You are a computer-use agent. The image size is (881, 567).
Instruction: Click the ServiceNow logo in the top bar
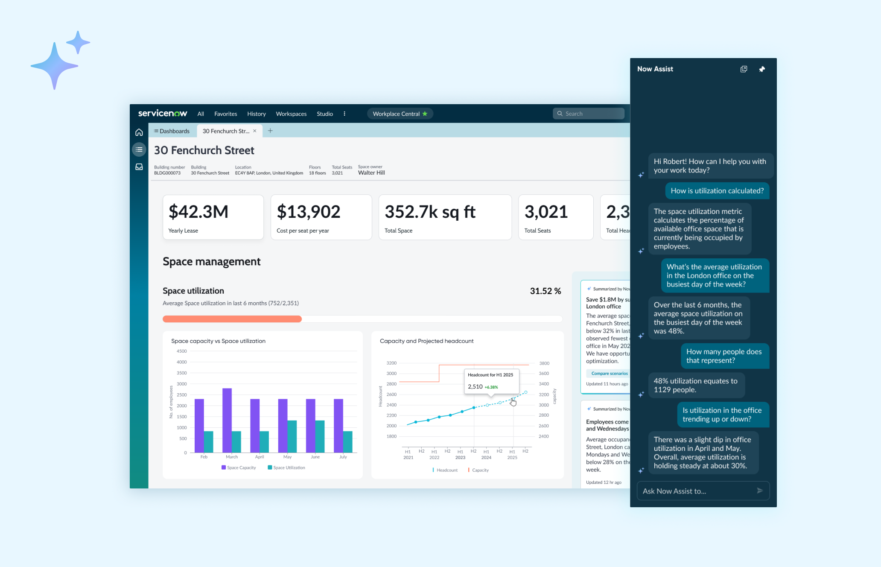[163, 114]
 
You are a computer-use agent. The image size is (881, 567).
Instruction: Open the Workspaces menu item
[291, 114]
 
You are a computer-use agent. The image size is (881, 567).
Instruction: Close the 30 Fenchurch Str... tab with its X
[255, 131]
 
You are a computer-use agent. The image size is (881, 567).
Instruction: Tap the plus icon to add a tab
[270, 131]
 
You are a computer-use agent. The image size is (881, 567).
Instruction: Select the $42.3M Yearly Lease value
[198, 212]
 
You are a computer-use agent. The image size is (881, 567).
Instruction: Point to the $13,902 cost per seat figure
[308, 212]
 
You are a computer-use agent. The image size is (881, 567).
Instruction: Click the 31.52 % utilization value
[545, 291]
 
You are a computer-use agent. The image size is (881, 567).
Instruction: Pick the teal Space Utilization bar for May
[292, 436]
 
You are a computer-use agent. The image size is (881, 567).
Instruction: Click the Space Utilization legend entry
[286, 468]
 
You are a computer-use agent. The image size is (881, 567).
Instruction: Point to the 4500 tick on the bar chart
[182, 351]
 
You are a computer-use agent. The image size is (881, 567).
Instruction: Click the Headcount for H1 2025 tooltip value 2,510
[475, 387]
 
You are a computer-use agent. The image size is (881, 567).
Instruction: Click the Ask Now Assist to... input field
[696, 491]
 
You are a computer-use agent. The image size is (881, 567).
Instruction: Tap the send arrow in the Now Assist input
[760, 491]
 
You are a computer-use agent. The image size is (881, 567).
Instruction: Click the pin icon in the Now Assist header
[762, 69]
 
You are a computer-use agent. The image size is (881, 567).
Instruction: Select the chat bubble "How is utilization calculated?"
[717, 191]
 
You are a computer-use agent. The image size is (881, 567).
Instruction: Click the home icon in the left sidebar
[139, 132]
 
